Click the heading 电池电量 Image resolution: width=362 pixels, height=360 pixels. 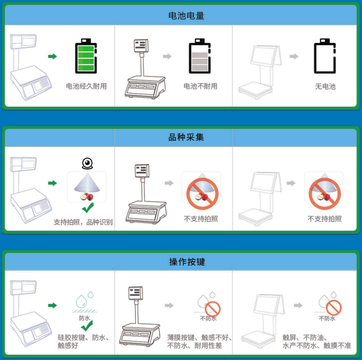[187, 16]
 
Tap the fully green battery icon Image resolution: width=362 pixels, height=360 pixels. [86, 56]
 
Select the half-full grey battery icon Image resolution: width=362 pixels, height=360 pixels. [199, 56]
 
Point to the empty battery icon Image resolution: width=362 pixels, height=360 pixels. [325, 56]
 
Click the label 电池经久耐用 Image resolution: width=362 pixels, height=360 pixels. [87, 87]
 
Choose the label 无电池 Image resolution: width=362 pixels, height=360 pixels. [325, 87]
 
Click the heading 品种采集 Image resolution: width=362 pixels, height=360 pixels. [186, 137]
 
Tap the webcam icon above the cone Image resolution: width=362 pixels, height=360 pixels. [87, 164]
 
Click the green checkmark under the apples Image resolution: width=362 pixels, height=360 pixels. [88, 208]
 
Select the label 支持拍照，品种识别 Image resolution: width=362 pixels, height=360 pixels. [83, 222]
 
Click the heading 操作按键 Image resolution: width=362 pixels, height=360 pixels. [187, 262]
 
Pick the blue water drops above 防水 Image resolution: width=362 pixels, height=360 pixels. [85, 299]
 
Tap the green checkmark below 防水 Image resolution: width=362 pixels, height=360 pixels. [87, 325]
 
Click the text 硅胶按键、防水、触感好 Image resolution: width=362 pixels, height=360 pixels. [83, 342]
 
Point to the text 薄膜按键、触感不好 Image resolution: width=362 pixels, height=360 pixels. [199, 338]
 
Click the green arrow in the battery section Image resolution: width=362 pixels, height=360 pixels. [53, 56]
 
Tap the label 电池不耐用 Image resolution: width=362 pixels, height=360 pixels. [201, 87]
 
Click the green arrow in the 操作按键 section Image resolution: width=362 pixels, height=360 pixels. [53, 305]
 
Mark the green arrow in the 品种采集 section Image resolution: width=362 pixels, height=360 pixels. [53, 183]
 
